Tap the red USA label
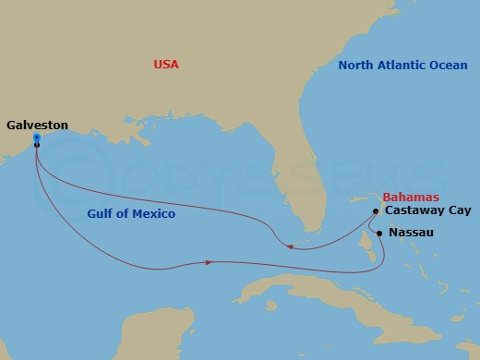pyautogui.click(x=166, y=65)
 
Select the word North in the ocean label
pyautogui.click(x=356, y=66)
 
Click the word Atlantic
pyautogui.click(x=402, y=66)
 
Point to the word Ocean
pyautogui.click(x=448, y=66)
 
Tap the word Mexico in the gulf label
pyautogui.click(x=154, y=214)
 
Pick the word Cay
pyautogui.click(x=459, y=210)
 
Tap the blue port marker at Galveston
pyautogui.click(x=35, y=138)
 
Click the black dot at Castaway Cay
pyautogui.click(x=376, y=211)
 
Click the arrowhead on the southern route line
pyautogui.click(x=210, y=262)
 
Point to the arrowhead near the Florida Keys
pyautogui.click(x=290, y=246)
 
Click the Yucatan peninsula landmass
pyautogui.click(x=138, y=332)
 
